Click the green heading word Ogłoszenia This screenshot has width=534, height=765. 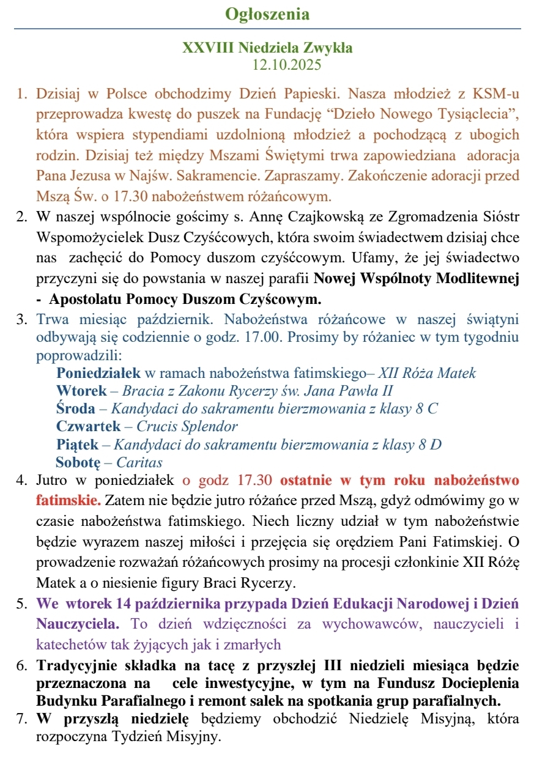(x=267, y=14)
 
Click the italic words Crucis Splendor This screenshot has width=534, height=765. (x=187, y=426)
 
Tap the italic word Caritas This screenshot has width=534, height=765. (x=139, y=462)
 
